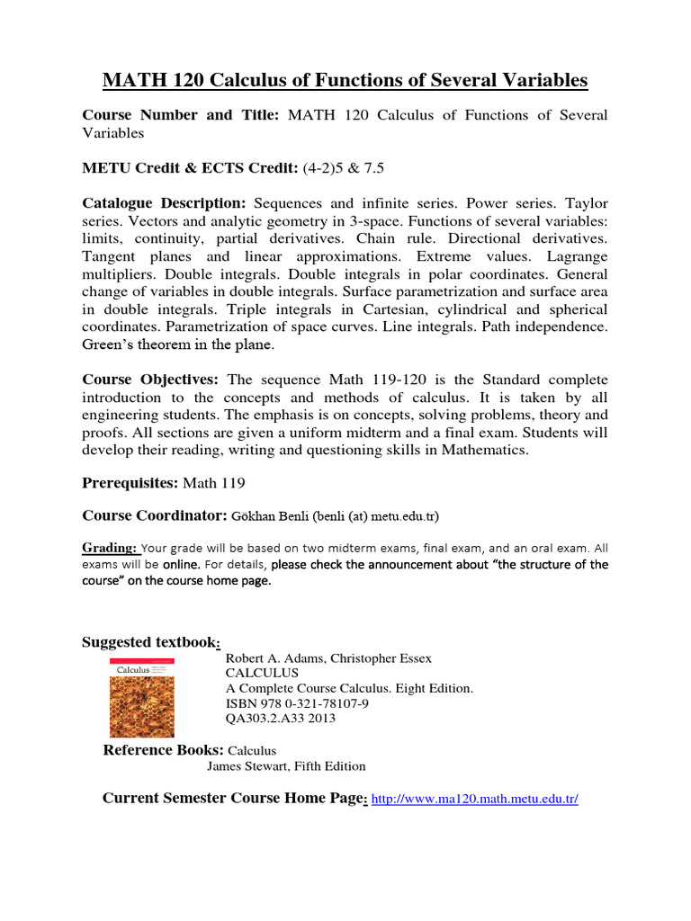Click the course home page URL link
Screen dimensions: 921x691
[474, 799]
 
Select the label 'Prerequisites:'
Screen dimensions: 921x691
[130, 483]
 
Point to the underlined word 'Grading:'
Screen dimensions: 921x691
[110, 547]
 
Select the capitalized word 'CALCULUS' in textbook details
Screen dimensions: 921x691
[261, 673]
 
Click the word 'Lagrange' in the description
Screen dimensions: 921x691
[575, 256]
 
